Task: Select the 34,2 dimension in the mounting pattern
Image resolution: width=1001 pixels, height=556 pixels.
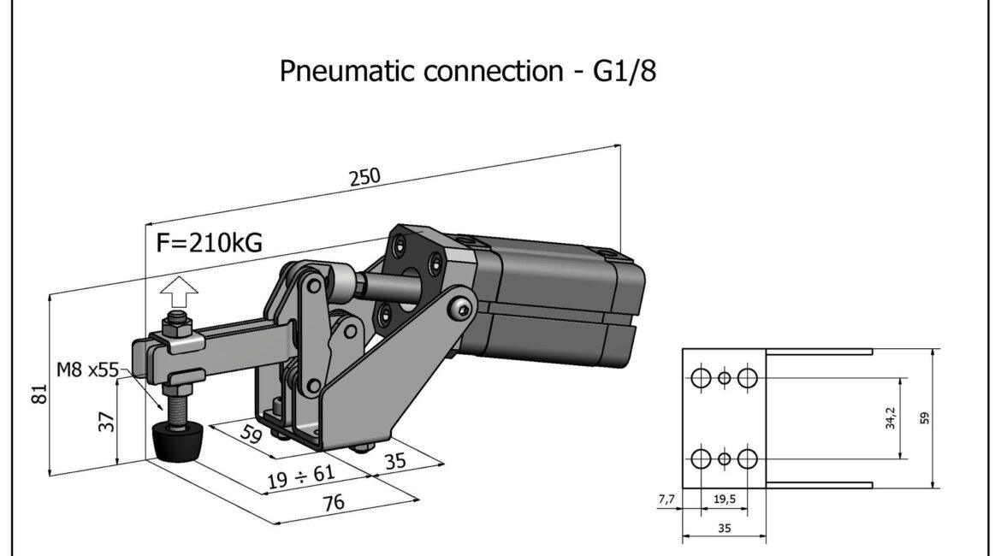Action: (x=890, y=418)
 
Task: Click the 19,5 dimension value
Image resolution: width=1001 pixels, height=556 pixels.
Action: (x=724, y=497)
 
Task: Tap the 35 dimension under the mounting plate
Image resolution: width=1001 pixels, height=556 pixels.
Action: (x=724, y=529)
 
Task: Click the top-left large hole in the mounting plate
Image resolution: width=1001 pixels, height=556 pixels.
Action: (x=701, y=377)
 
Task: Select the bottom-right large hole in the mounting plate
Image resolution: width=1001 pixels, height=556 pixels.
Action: (x=749, y=458)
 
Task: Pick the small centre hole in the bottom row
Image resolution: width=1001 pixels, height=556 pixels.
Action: (x=725, y=458)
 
